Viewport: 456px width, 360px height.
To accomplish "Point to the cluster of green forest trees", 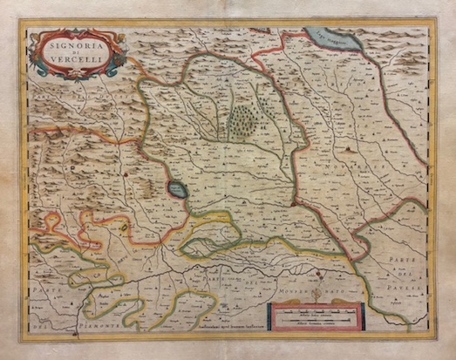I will coord(243,121).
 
